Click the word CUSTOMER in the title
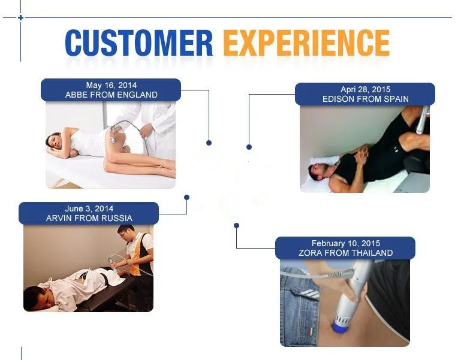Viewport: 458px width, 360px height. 138,43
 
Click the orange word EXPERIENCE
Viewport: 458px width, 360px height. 306,43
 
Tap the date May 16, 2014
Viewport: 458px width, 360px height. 111,86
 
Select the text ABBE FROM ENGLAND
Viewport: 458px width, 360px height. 111,95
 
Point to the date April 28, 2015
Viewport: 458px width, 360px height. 365,90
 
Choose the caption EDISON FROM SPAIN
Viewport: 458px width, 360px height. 365,99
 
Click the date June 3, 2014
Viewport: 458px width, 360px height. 89,209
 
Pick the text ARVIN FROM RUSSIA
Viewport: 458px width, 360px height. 89,218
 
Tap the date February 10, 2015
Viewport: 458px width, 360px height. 345,244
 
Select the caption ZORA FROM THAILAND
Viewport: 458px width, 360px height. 345,253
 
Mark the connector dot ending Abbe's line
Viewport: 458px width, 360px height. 209,143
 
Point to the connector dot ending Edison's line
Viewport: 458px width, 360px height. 249,147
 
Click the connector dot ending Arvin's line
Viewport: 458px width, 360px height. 186,196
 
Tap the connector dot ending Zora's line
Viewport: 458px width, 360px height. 236,225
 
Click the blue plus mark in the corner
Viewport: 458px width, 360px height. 20,17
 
